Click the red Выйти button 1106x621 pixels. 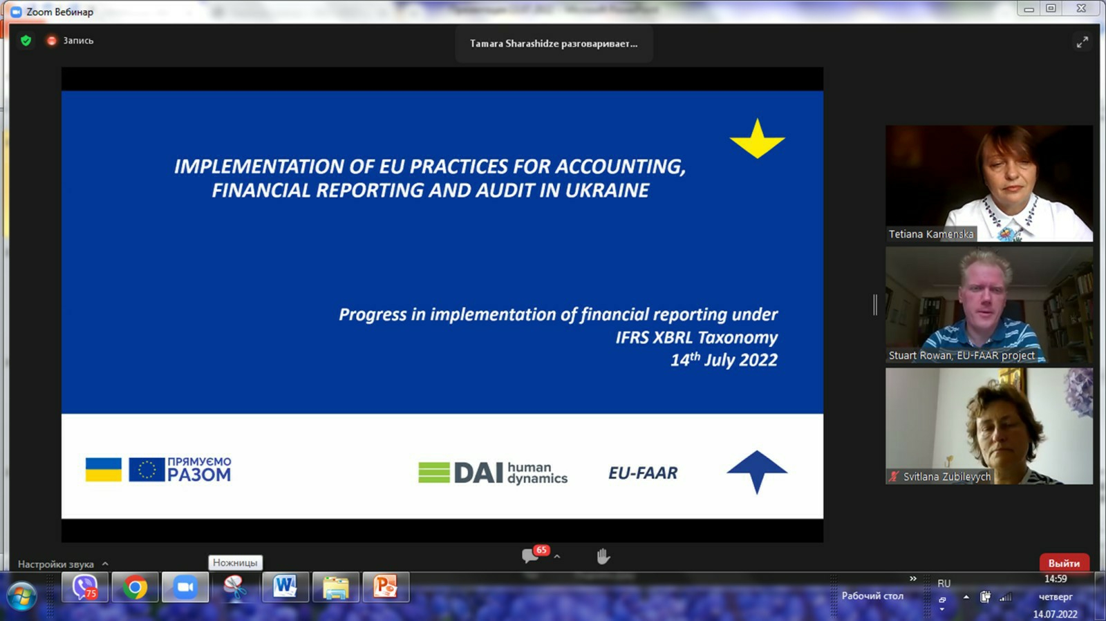point(1064,563)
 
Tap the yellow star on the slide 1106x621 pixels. point(757,139)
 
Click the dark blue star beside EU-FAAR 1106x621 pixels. point(757,471)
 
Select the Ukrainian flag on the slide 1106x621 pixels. point(103,469)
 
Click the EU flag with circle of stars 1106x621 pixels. point(147,469)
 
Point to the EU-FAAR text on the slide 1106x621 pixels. point(643,473)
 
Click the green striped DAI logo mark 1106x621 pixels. point(434,472)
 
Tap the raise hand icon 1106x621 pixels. point(603,556)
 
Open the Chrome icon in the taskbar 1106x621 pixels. point(135,587)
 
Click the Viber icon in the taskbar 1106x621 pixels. point(84,587)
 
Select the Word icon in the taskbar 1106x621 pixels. point(285,587)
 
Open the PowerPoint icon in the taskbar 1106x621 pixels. point(386,587)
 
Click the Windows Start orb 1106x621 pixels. point(21,595)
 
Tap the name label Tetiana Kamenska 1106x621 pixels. point(930,233)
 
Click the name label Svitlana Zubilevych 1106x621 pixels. point(946,477)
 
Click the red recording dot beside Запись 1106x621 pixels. point(51,41)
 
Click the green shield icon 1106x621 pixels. point(26,41)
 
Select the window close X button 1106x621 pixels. point(1081,8)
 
